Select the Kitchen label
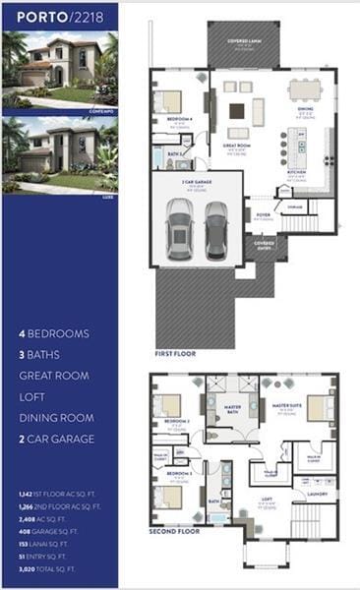pyautogui.click(x=296, y=174)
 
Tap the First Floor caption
pyautogui.click(x=175, y=353)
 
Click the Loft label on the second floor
pyautogui.click(x=267, y=501)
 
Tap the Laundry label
pyautogui.click(x=317, y=496)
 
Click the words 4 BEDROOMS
pyautogui.click(x=54, y=333)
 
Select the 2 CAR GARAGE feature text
pyautogui.click(x=56, y=439)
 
